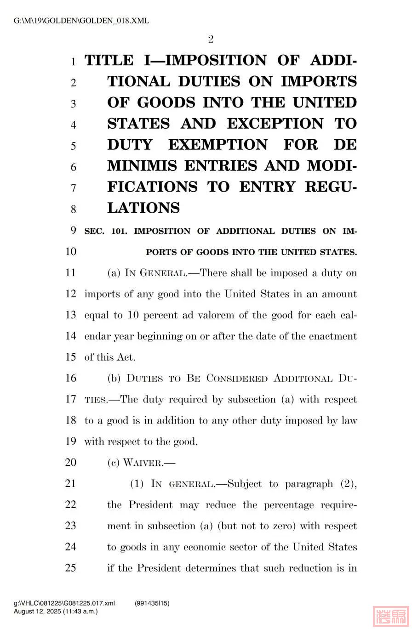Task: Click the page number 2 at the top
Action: pyautogui.click(x=211, y=40)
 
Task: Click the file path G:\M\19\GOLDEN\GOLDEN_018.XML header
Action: pyautogui.click(x=81, y=21)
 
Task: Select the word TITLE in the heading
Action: pyautogui.click(x=109, y=61)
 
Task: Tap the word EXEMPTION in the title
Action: pyautogui.click(x=217, y=145)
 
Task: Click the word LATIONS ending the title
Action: pyautogui.click(x=143, y=208)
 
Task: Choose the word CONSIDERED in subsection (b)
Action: pyautogui.click(x=237, y=379)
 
